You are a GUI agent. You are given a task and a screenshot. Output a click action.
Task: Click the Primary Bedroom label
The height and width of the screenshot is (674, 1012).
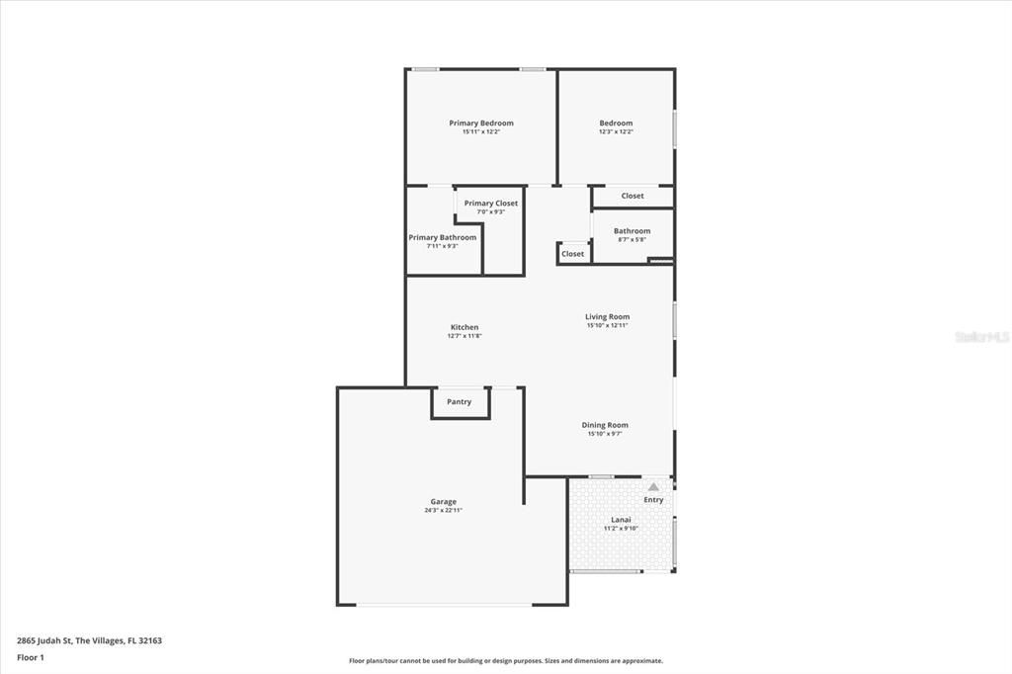point(481,124)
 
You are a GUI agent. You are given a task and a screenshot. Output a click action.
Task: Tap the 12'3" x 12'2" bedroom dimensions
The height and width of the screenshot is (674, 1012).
point(616,131)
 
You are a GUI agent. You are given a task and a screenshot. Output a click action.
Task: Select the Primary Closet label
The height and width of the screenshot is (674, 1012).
point(491,204)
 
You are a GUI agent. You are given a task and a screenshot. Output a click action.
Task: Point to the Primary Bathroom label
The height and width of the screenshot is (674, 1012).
point(443,237)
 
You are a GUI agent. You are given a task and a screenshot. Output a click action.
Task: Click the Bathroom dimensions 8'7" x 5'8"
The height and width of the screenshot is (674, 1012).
point(632,239)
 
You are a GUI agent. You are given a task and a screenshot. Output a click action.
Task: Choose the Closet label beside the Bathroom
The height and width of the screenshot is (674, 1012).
point(632,196)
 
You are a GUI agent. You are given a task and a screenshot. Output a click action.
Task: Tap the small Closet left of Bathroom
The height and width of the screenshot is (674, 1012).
point(573,254)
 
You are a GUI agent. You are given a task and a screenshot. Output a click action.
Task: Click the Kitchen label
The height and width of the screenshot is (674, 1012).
point(464,327)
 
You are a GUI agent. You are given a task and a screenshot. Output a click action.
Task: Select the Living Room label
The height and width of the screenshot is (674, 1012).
point(607,317)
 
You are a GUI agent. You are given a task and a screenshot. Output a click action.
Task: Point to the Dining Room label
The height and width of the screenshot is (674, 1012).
point(605,425)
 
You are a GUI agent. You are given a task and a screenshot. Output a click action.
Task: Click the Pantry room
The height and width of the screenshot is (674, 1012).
point(460,402)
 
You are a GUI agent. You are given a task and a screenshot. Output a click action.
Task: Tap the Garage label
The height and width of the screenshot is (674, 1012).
point(443,502)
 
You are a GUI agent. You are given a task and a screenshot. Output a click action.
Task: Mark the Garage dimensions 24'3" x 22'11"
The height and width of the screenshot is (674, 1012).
point(443,510)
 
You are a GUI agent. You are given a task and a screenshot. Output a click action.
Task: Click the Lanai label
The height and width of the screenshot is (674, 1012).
point(621,520)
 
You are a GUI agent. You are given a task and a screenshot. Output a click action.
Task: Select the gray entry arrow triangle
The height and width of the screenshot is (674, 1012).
point(653,486)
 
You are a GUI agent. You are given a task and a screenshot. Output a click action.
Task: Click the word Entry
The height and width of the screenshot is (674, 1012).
point(653,500)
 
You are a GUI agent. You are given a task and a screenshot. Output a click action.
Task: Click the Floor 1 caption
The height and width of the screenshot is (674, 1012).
point(31,657)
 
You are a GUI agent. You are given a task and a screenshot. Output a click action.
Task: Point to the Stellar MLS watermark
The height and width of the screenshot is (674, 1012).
point(980,337)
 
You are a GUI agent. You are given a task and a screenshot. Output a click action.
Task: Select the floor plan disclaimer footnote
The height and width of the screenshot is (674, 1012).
point(505,661)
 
